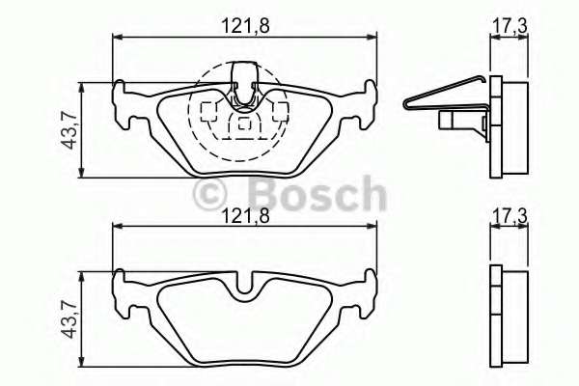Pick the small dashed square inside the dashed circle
(x=245, y=123)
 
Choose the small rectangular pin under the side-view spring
(x=451, y=121)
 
